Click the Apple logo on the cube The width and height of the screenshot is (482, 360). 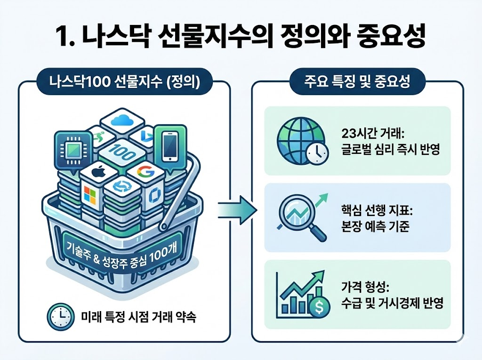pos(98,172)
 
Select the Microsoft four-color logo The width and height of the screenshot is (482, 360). pos(90,197)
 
